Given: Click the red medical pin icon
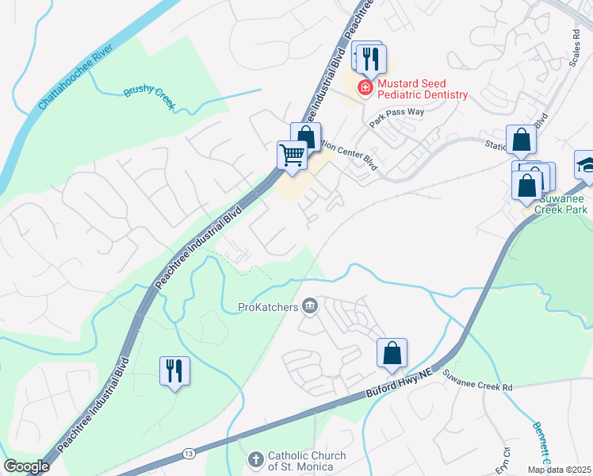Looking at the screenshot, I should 365,87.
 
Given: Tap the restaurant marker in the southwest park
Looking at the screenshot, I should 174,370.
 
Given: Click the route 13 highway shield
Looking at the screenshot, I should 188,453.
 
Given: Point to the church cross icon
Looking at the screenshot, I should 255,459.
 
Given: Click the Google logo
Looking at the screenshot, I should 26,466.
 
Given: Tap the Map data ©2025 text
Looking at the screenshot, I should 559,470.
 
